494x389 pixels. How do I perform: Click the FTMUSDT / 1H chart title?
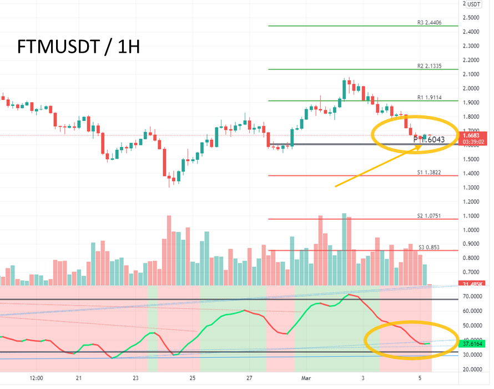click(78, 48)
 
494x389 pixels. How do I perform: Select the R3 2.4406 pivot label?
click(430, 23)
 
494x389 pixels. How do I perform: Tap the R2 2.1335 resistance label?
click(430, 66)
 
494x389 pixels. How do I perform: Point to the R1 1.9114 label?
click(430, 98)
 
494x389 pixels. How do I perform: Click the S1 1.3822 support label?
click(430, 173)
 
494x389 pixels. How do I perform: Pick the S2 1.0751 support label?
click(430, 216)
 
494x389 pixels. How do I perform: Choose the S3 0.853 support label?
click(429, 247)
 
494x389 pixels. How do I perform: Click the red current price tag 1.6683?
click(475, 135)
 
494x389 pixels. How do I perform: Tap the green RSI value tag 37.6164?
click(475, 343)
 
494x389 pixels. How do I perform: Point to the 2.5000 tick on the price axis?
click(471, 18)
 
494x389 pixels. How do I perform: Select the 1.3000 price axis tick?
click(471, 188)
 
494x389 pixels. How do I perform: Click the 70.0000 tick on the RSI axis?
click(472, 297)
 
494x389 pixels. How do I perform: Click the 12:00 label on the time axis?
click(36, 378)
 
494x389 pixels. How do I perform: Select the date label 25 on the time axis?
click(192, 378)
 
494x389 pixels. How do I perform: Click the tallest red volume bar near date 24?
click(169, 250)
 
